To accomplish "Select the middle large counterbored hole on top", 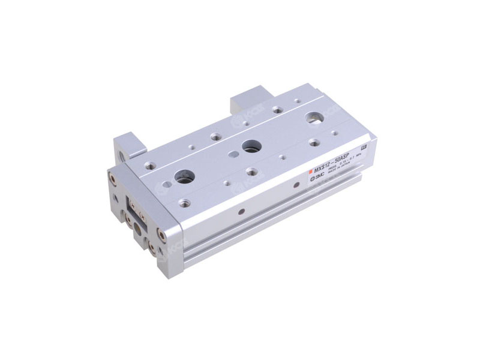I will pos(249,146).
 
